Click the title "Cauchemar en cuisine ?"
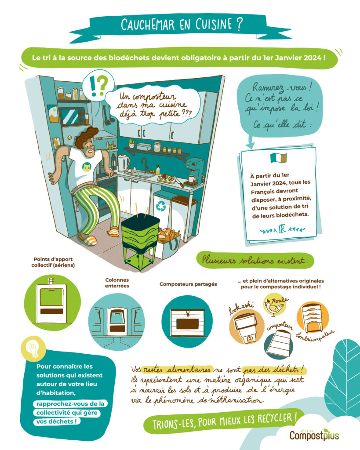[x=182, y=25]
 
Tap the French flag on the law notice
[x=279, y=158]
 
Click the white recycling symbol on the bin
[x=161, y=206]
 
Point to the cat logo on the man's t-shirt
[x=87, y=167]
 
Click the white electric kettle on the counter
[x=124, y=163]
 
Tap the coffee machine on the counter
[x=194, y=172]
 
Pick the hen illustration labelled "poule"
[x=274, y=307]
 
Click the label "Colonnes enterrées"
[x=117, y=283]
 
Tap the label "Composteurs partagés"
[x=188, y=284]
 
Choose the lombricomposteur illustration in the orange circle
[x=313, y=318]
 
